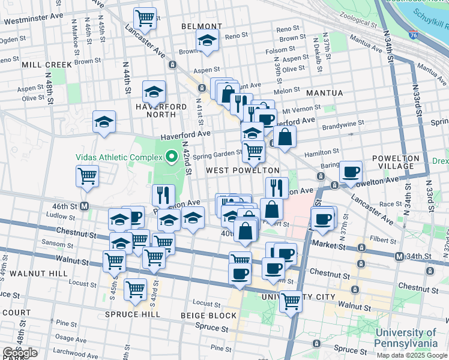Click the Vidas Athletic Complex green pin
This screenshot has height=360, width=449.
pos(171,157)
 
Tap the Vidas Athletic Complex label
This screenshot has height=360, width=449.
pos(119,158)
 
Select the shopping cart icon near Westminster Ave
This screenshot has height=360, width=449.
pos(145,19)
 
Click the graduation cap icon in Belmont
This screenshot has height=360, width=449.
pos(206,40)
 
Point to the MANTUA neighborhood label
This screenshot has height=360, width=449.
pos(324,93)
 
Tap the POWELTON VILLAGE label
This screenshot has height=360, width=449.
pos(394,163)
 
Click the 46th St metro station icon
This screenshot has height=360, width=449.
pos(85,206)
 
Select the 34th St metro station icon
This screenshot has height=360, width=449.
pos(400,257)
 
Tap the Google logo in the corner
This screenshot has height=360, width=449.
pos(20,353)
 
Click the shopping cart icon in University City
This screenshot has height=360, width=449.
pos(291,301)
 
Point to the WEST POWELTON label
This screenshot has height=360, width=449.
pos(243,171)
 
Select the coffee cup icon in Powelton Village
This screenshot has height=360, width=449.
pos(351,172)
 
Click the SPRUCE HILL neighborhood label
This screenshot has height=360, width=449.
pos(132,314)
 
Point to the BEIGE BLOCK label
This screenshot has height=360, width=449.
pos(209,315)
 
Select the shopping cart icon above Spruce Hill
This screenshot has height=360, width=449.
pos(135,289)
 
